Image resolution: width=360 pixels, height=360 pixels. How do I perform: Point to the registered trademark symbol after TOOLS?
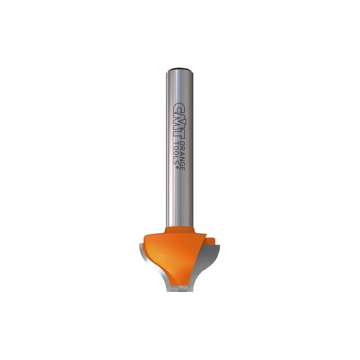[x=175, y=168]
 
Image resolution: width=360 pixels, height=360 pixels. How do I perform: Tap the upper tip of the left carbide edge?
[x=142, y=246]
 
